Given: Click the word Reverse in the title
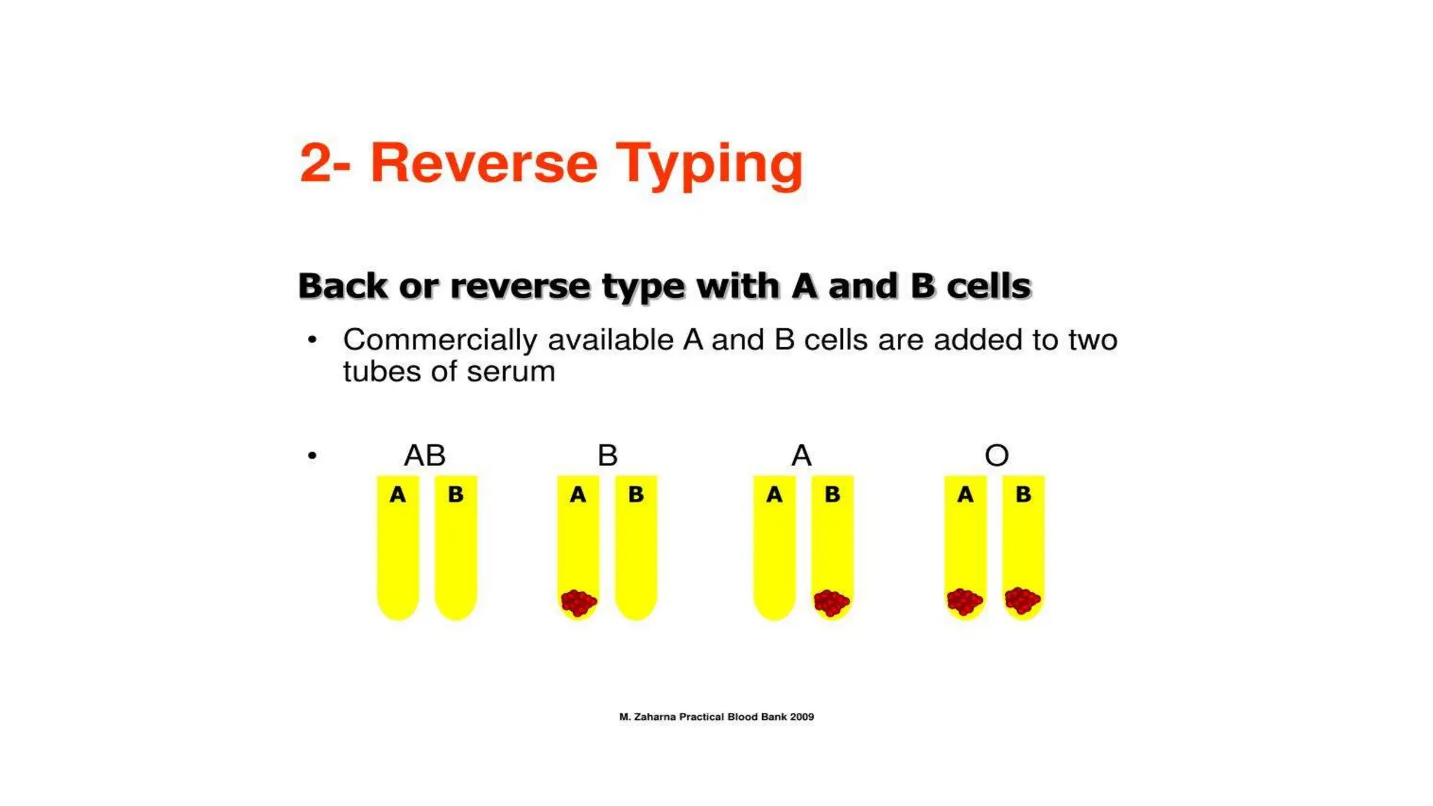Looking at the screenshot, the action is click(483, 163).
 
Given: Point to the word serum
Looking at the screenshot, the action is click(511, 372).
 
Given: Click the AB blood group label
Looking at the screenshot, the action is click(425, 455).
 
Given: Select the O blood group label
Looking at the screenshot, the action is click(996, 455).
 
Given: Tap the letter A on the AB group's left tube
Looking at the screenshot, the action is click(397, 495).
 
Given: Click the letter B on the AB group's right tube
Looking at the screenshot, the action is click(456, 495).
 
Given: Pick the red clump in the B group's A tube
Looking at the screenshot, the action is click(579, 602).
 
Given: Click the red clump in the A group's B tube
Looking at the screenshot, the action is click(831, 602).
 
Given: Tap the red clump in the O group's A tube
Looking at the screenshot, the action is click(965, 601).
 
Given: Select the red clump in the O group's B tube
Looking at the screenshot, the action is click(1022, 600).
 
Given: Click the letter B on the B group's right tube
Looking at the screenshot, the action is click(635, 495).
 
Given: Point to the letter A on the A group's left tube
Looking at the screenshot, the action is click(774, 495).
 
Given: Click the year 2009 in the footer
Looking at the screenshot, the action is click(802, 716).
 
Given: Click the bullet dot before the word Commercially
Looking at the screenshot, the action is click(312, 341).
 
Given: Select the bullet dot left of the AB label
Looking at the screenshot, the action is click(312, 456).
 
